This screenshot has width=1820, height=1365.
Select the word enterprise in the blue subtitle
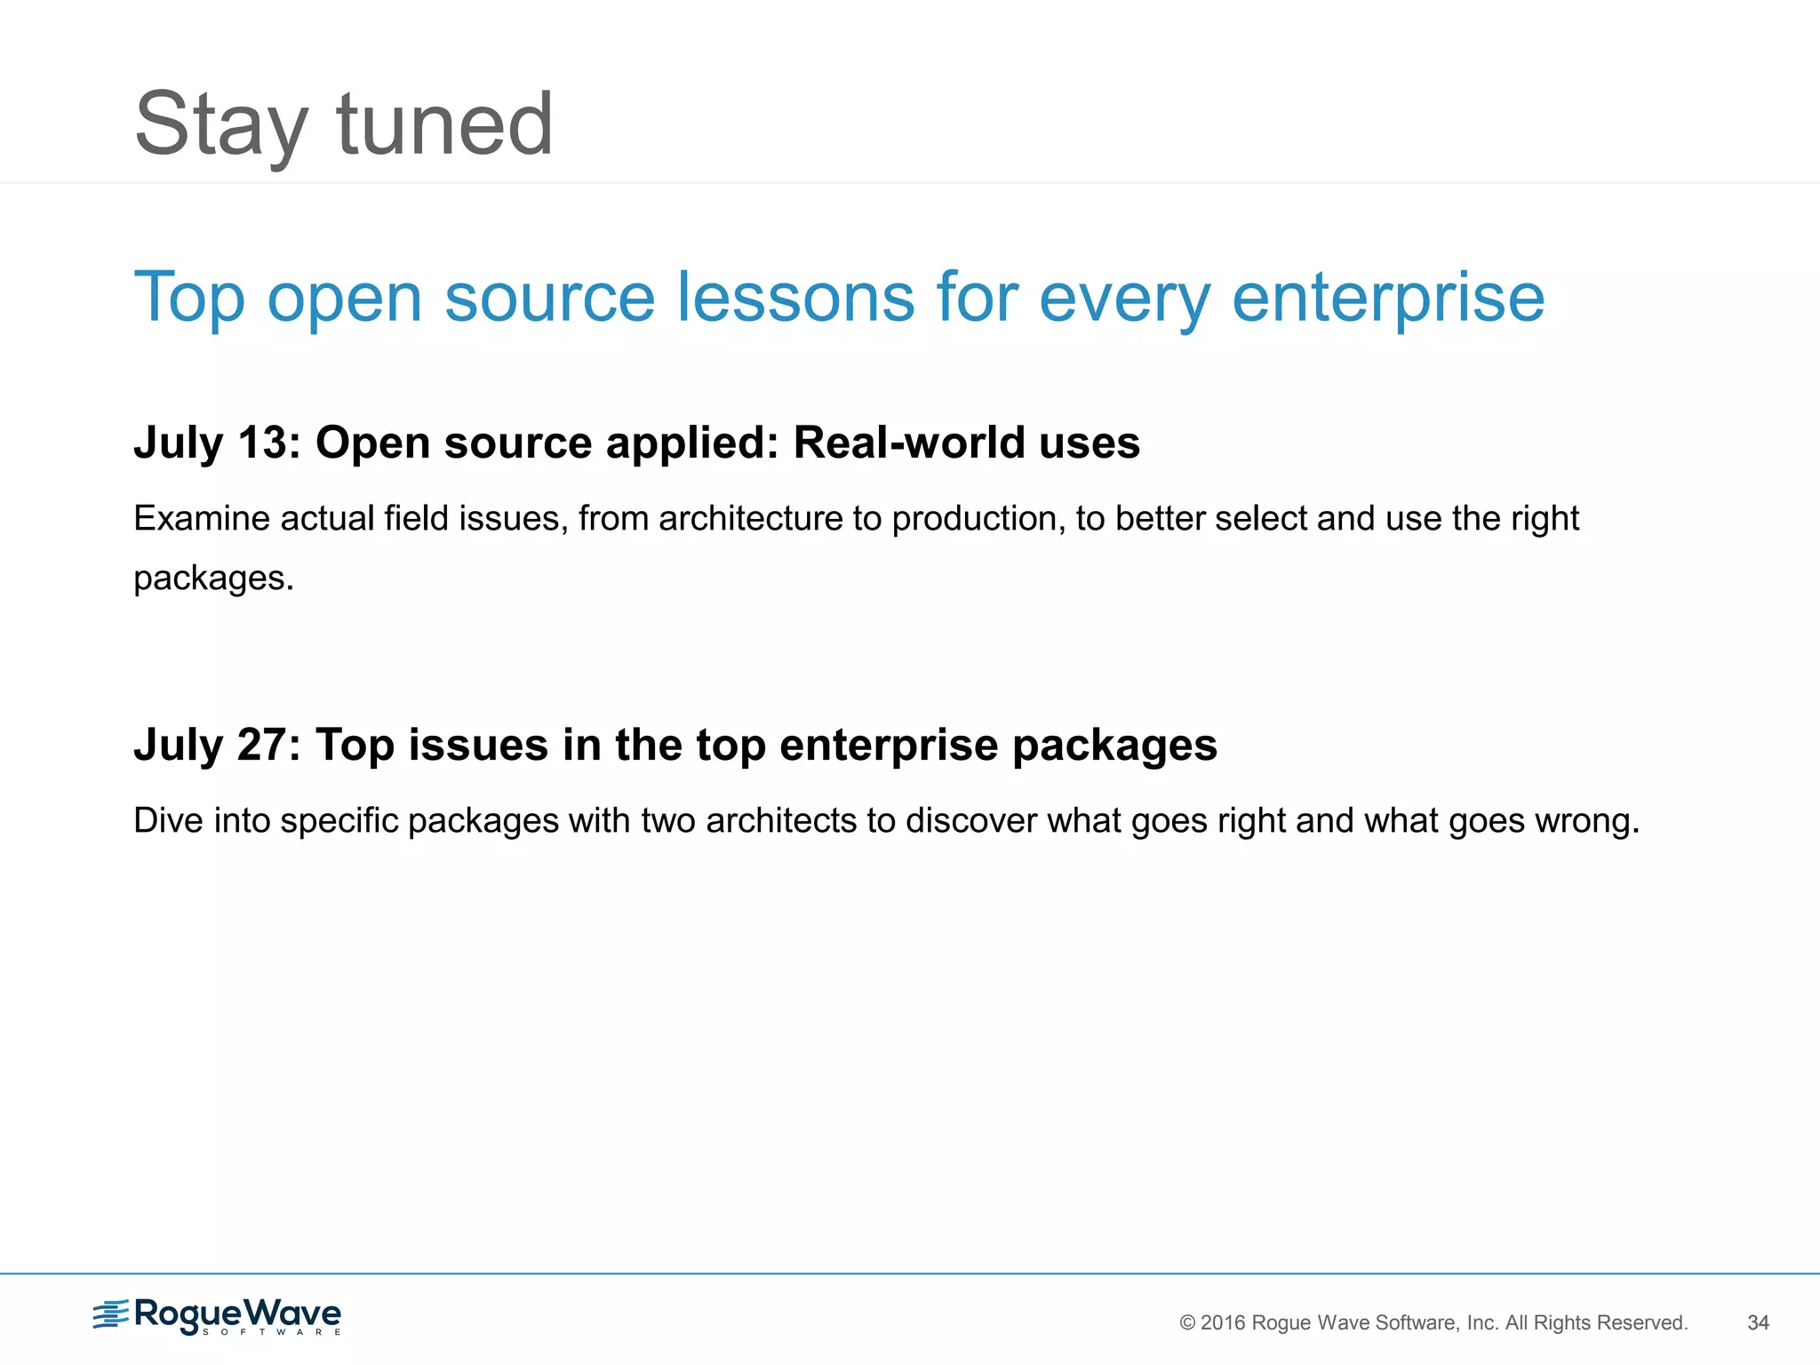pos(1388,299)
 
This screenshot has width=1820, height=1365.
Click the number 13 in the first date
pos(263,443)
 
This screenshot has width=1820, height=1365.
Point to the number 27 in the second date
pos(263,745)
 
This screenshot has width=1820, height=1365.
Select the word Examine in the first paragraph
pos(202,518)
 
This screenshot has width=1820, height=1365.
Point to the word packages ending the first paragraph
pos(210,579)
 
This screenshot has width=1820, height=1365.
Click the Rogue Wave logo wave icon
pos(111,1314)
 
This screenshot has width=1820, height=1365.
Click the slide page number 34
pos(1758,1322)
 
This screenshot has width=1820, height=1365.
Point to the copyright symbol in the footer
pos(1187,1322)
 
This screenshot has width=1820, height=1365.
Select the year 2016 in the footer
pos(1223,1322)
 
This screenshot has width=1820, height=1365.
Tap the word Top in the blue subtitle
pos(188,299)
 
